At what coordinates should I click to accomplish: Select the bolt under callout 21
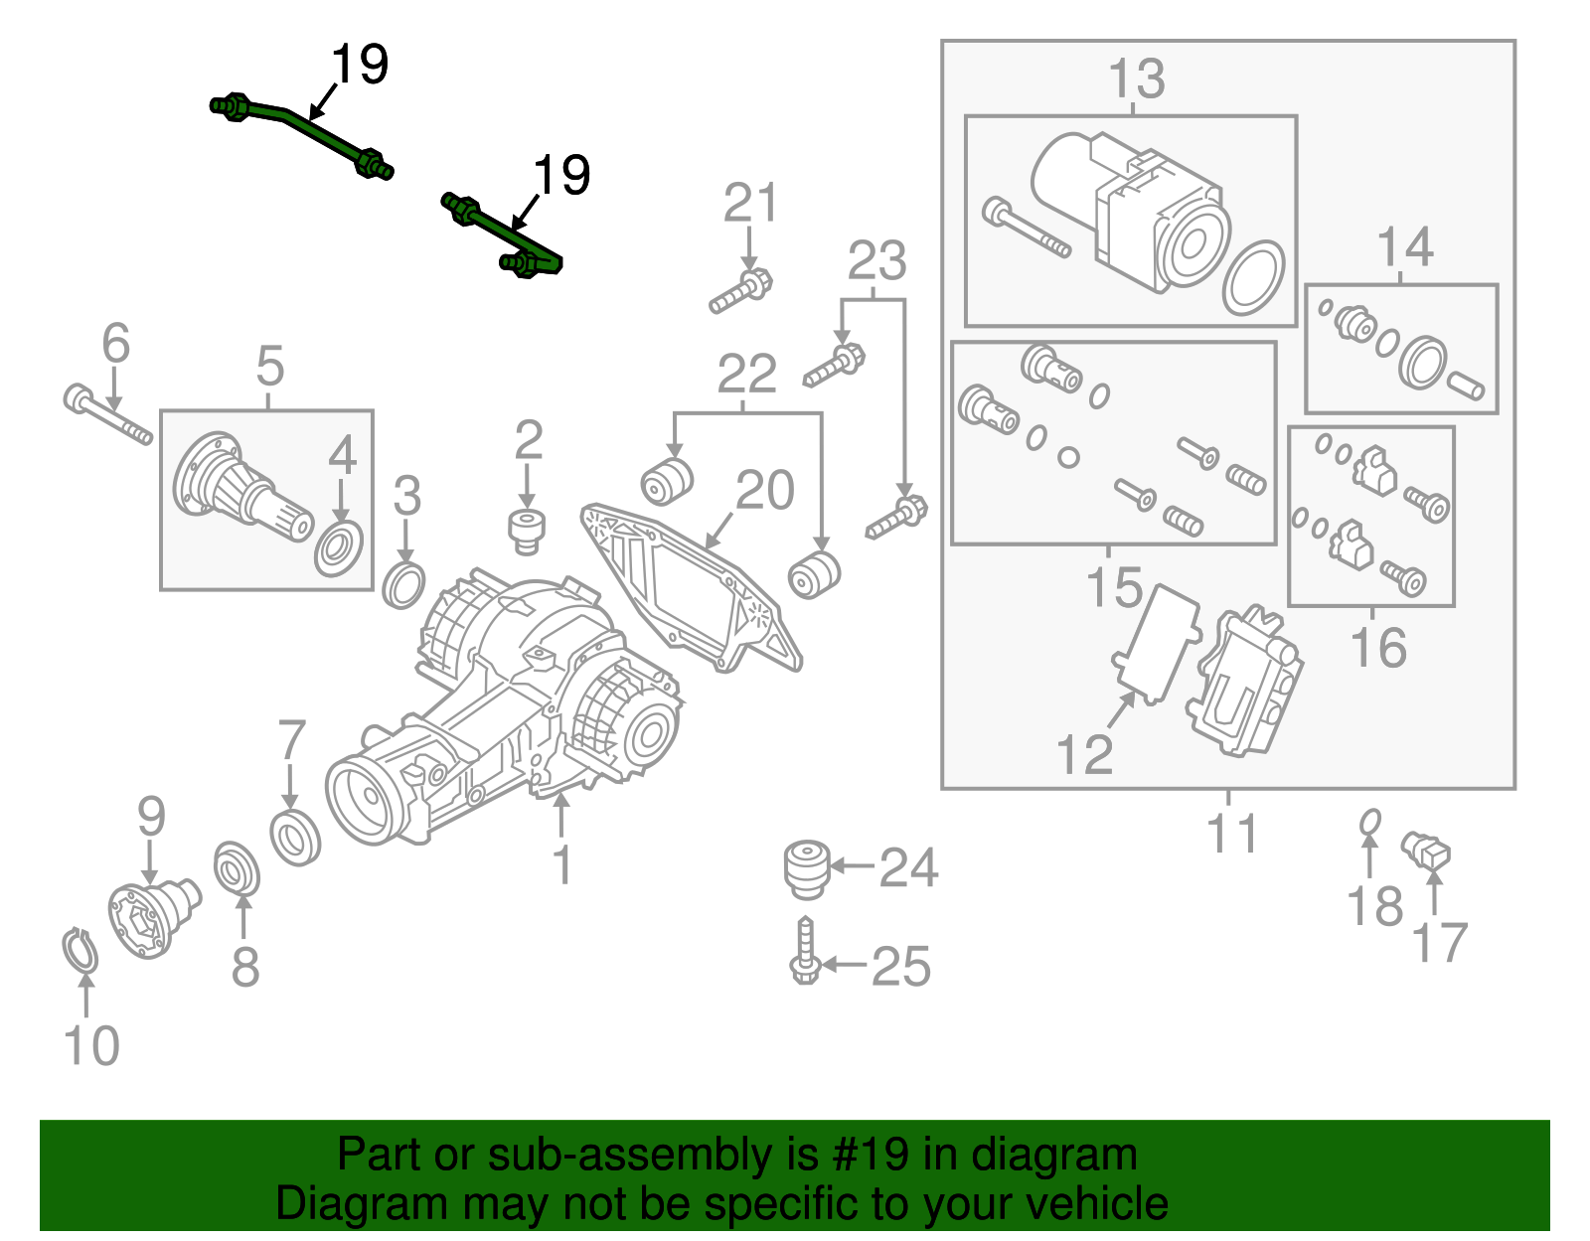pyautogui.click(x=741, y=292)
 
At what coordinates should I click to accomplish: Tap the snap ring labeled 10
pyautogui.click(x=79, y=950)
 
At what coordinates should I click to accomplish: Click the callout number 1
pyautogui.click(x=562, y=865)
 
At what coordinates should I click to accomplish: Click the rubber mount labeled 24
pyautogui.click(x=806, y=867)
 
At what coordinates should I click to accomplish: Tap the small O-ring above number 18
pyautogui.click(x=1369, y=823)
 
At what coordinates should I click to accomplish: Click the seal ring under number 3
pyautogui.click(x=403, y=585)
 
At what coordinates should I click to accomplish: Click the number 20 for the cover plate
pyautogui.click(x=764, y=490)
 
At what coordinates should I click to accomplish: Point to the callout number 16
pyautogui.click(x=1377, y=648)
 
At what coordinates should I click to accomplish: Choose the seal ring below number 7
pyautogui.click(x=295, y=837)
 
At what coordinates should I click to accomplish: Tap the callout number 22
pyautogui.click(x=746, y=375)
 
